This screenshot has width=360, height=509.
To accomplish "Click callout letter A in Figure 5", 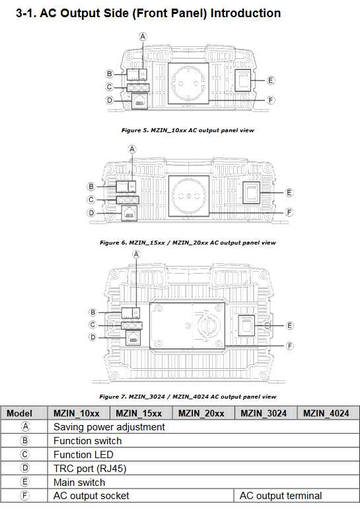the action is click(x=143, y=36).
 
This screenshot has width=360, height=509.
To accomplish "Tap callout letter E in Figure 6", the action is click(x=289, y=193).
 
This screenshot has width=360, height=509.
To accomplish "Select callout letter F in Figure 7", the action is click(x=289, y=346).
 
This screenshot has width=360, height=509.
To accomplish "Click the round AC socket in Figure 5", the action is click(x=188, y=83).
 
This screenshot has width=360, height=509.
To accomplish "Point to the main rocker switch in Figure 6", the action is click(x=252, y=193).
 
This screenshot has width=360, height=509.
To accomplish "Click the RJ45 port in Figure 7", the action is click(x=133, y=339).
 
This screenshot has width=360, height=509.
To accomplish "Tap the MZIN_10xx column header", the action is click(x=77, y=413).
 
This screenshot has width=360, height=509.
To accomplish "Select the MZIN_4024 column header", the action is click(x=326, y=413).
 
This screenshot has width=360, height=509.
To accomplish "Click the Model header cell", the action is click(x=19, y=413).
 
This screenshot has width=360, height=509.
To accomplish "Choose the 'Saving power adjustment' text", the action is click(x=109, y=427).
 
